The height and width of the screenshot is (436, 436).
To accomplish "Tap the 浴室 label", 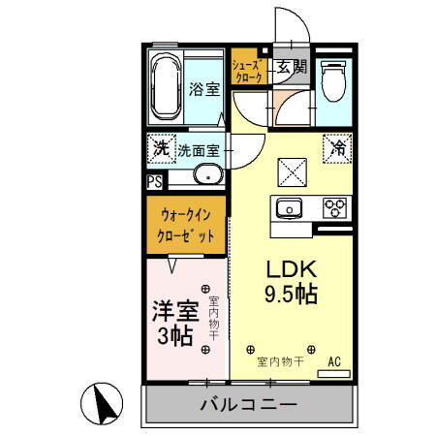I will pyautogui.click(x=205, y=88).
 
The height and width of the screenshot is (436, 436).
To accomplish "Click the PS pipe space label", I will pyautogui.click(x=155, y=180).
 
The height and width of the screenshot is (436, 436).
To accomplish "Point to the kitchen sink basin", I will pyautogui.click(x=289, y=208).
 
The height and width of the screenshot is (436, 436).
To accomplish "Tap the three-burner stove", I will pyautogui.click(x=335, y=207).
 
